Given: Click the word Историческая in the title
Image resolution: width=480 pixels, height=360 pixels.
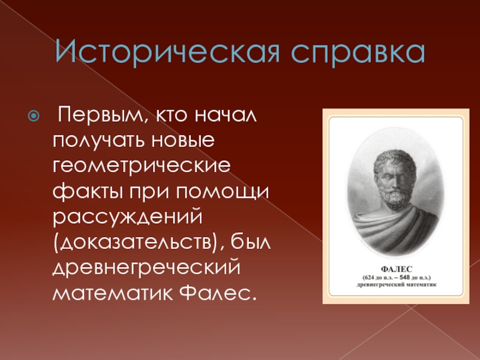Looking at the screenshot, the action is [167, 51].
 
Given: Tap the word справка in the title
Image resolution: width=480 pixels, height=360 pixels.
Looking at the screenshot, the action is [358, 53].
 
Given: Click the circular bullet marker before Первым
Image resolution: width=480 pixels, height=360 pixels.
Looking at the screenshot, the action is [34, 116].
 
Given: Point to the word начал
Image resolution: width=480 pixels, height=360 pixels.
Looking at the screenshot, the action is [226, 115].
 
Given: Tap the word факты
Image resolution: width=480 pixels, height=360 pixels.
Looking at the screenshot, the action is [86, 192].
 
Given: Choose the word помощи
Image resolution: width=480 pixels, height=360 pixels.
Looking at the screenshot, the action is [222, 192].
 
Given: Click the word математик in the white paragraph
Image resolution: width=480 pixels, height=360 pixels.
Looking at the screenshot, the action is [113, 293].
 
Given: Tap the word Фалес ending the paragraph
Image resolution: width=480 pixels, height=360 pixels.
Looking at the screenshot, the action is [217, 293].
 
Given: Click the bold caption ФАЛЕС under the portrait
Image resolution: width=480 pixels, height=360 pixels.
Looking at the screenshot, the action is [397, 269].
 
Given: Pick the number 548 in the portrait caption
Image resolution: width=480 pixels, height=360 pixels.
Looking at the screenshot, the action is [404, 278].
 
